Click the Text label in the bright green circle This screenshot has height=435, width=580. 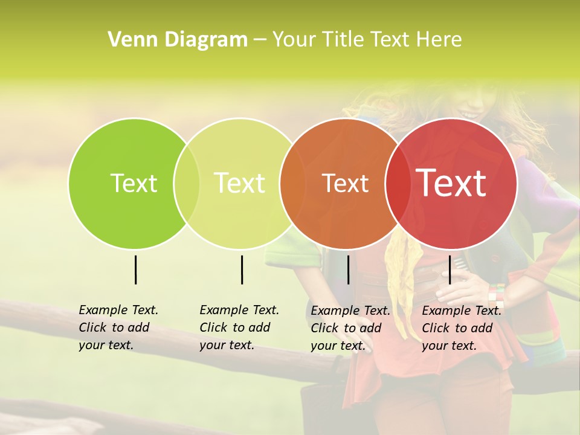click(x=134, y=183)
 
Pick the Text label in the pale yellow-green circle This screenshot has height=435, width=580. click(x=240, y=183)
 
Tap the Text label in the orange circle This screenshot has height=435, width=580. click(x=345, y=183)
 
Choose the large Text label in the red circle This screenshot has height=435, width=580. click(x=451, y=182)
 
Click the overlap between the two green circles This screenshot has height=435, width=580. click(x=187, y=183)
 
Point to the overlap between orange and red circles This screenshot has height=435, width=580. click(x=395, y=183)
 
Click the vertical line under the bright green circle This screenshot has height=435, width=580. click(x=135, y=269)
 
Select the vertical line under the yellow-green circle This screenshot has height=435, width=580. click(x=242, y=269)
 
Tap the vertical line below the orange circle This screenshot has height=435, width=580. click(x=348, y=269)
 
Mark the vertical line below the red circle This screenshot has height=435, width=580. click(x=449, y=269)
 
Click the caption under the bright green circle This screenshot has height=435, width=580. click(x=118, y=327)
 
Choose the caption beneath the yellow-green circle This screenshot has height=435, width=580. click(x=239, y=327)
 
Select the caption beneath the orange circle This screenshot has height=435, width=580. click(x=350, y=328)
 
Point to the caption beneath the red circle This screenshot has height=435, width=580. click(x=461, y=328)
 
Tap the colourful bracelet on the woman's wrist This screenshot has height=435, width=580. click(x=497, y=295)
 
